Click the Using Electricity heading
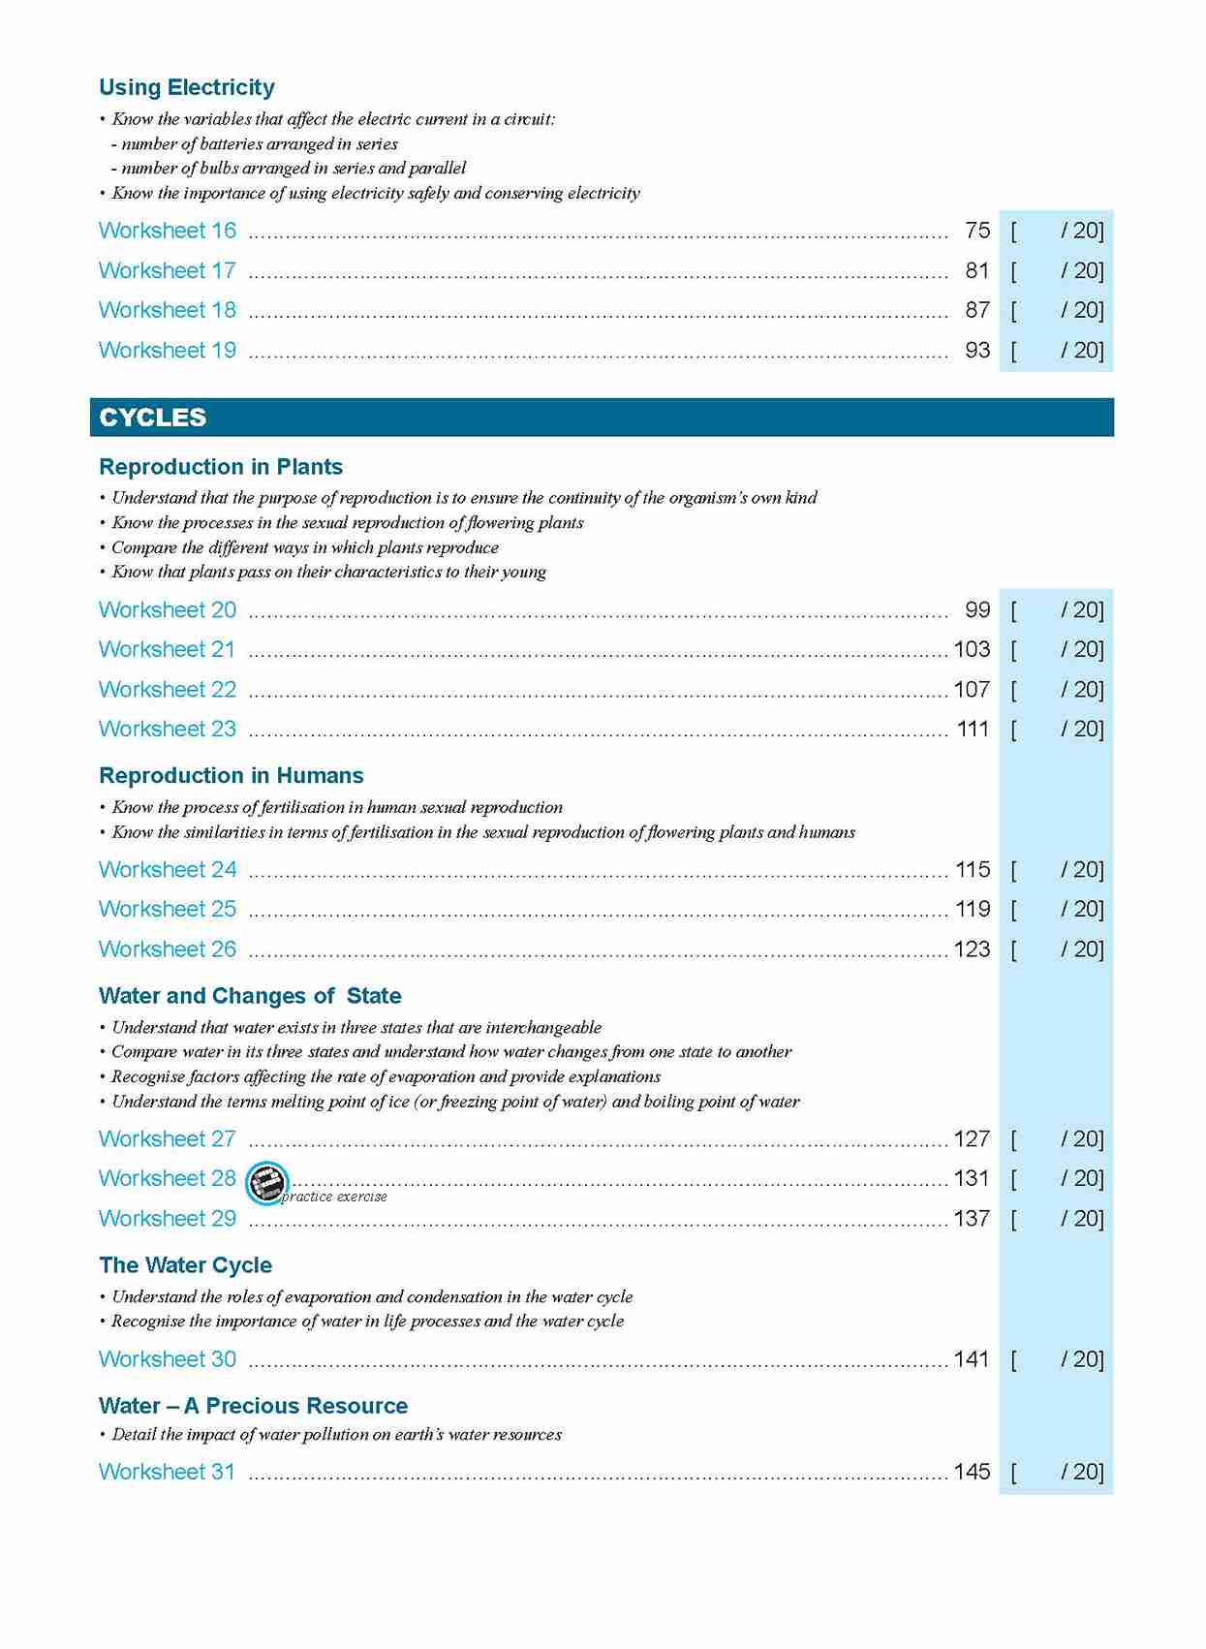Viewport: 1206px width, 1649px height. (187, 87)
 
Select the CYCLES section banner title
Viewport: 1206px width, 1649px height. (152, 418)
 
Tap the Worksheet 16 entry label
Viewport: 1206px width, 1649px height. (167, 231)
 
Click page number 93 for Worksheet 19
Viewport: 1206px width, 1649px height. (976, 350)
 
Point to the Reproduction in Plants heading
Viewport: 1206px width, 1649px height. (221, 467)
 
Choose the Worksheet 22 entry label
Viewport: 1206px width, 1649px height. (167, 689)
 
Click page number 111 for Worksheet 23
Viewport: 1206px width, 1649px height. (973, 729)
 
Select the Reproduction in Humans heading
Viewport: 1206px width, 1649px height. (231, 775)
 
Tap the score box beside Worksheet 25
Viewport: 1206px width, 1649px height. (1056, 909)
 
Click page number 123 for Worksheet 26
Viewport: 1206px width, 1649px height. (972, 949)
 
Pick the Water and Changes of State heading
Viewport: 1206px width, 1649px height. (250, 996)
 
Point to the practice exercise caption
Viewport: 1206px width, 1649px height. (334, 1198)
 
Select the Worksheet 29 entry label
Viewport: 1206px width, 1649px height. (167, 1218)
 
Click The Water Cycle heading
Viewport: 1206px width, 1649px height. (185, 1265)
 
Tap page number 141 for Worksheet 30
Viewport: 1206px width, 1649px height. (972, 1359)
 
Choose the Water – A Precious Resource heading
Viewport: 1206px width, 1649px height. (253, 1406)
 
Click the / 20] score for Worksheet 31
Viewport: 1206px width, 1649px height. (1081, 1472)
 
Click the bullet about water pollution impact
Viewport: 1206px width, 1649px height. (336, 1434)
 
